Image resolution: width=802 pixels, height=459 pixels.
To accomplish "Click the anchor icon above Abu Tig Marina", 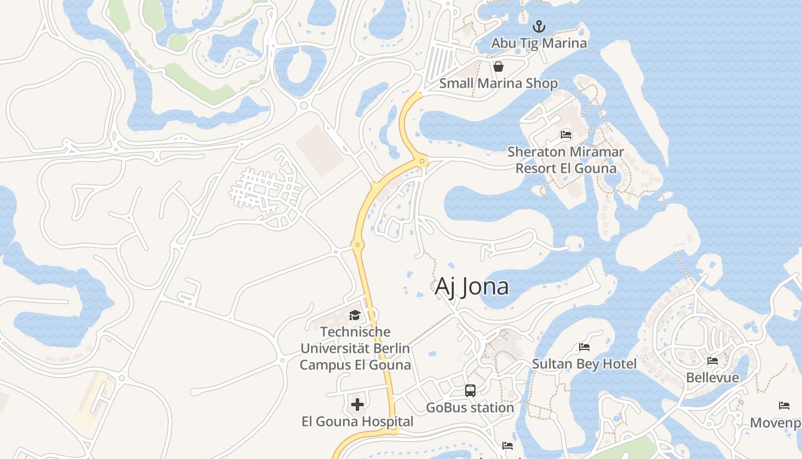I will (x=538, y=26).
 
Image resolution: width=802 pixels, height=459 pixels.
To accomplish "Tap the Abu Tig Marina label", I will (x=538, y=43).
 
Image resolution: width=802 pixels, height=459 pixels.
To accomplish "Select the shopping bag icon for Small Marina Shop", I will (x=498, y=67).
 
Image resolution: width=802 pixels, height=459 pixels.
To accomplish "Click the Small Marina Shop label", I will (x=498, y=83).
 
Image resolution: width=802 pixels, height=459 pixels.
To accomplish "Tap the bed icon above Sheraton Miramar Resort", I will (x=566, y=135).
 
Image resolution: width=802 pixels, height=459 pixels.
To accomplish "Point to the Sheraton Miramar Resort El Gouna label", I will (x=566, y=160).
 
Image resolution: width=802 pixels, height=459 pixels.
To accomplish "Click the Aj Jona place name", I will (x=471, y=286).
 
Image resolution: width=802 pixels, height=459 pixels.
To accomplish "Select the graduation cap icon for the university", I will (x=355, y=315).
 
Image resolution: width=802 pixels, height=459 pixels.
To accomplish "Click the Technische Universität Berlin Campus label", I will (x=355, y=348).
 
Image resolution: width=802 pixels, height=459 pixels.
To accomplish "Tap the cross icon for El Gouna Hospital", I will (x=357, y=405).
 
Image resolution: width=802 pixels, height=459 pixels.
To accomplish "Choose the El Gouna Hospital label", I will (x=357, y=422).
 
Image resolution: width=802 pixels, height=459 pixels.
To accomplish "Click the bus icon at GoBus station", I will (x=470, y=391).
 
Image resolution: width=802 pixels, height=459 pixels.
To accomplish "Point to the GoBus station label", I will (x=470, y=408).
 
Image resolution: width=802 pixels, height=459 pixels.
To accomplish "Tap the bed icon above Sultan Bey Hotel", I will (x=584, y=347).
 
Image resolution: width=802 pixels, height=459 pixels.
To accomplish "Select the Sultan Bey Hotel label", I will (x=584, y=364).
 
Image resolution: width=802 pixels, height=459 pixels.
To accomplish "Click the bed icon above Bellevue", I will (x=713, y=361).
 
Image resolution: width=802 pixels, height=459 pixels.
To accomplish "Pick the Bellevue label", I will (x=713, y=378).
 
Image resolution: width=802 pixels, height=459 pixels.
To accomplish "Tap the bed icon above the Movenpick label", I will (x=784, y=406).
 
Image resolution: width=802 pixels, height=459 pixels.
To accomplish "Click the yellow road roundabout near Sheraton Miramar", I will (x=423, y=162).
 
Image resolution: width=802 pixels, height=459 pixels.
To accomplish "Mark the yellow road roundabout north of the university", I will (x=357, y=245).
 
